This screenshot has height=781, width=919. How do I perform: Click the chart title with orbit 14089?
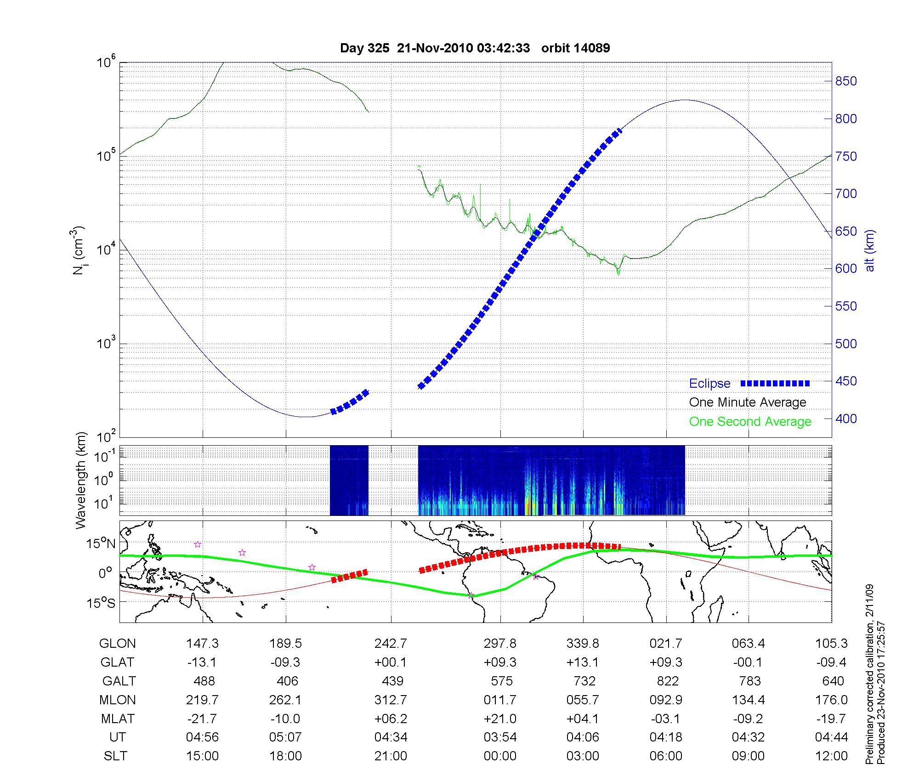point(475,48)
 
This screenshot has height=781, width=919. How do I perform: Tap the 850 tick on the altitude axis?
point(845,81)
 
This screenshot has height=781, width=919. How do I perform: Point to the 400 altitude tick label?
point(845,419)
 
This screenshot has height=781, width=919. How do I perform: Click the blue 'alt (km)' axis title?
point(869,250)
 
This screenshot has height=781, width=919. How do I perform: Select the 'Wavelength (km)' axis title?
point(81,480)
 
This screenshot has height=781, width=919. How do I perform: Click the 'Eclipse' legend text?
point(709,384)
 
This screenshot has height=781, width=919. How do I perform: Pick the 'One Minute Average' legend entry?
point(748,402)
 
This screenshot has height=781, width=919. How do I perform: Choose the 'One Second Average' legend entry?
point(750,422)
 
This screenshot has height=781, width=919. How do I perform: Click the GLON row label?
point(118,643)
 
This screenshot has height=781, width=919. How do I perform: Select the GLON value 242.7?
point(391,643)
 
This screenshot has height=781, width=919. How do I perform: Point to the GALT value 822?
point(668,681)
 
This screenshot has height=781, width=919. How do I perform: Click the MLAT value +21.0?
point(500,719)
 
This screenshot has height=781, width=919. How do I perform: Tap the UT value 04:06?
point(583,737)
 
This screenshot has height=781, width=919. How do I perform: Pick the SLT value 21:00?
point(391,756)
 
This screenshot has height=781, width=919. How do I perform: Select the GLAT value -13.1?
point(202,662)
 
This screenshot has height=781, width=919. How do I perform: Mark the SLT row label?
point(115,756)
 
